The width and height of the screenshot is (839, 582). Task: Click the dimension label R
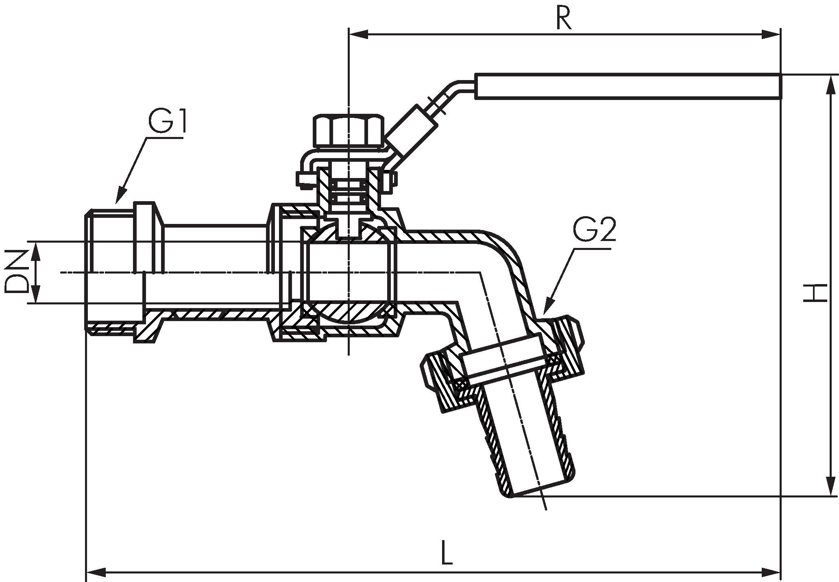coord(564,18)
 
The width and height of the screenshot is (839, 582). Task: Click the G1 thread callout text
coord(168,122)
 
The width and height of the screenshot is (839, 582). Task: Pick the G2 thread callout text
coord(594,230)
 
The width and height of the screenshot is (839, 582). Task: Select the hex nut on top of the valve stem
coord(349,131)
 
